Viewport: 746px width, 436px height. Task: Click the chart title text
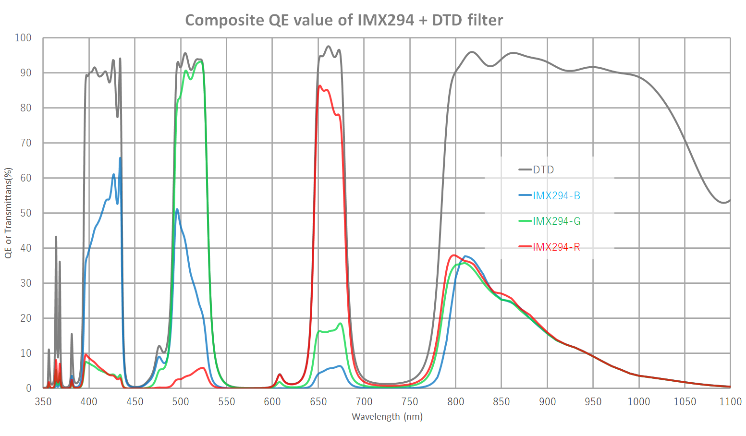point(344,20)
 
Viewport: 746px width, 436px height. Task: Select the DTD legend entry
point(543,170)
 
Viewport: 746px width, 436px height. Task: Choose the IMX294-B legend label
point(556,195)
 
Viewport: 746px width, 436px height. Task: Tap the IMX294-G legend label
point(556,221)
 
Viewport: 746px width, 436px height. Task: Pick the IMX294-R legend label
point(556,247)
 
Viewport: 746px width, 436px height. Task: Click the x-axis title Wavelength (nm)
point(387,416)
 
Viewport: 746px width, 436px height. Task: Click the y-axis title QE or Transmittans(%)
point(8,213)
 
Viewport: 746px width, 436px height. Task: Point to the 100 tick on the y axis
point(23,37)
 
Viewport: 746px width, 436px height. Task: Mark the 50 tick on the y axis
point(25,213)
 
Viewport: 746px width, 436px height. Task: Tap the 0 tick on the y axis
point(28,388)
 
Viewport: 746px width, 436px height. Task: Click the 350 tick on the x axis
point(43,401)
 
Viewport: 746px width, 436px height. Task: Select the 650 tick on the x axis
point(318,401)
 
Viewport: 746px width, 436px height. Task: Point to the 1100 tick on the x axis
point(730,401)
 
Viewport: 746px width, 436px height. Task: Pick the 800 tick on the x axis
point(455,401)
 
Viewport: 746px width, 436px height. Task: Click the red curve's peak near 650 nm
point(320,86)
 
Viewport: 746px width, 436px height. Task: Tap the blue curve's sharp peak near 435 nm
point(120,157)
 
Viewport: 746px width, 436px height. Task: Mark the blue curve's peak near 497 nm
point(177,209)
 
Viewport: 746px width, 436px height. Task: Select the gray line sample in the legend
point(525,170)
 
